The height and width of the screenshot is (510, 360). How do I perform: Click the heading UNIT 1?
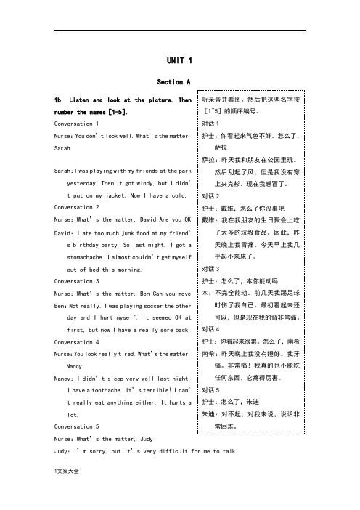coord(179,60)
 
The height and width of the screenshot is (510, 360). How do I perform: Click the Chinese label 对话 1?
coord(213,124)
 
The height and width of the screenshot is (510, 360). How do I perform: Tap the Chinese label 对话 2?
coord(213,196)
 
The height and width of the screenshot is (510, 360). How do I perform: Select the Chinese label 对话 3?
coord(213,268)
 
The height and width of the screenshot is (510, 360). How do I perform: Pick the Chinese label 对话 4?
coord(213,329)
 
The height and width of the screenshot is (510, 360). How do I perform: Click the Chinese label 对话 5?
coord(213,390)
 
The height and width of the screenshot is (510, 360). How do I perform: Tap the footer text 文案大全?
coord(68,491)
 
